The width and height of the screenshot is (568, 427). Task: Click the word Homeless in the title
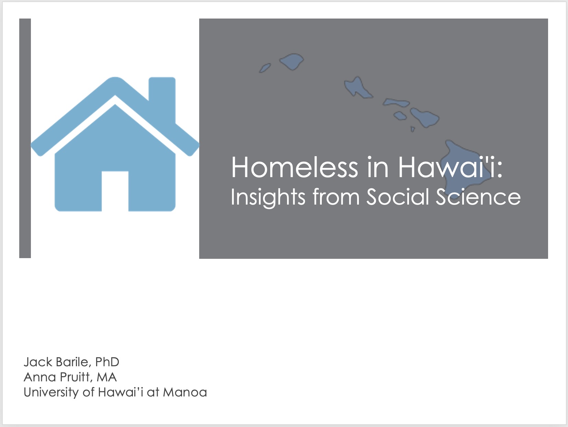295,168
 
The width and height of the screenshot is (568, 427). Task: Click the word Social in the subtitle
398,197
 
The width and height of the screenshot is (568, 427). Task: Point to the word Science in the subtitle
478,197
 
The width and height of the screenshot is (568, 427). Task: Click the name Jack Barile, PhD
71,362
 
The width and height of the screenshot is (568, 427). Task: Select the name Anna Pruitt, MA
70,377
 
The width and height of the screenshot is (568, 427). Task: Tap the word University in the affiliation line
51,392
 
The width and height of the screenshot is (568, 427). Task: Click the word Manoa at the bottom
185,392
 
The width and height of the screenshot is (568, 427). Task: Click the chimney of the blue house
162,98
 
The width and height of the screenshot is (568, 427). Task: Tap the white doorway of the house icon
115,191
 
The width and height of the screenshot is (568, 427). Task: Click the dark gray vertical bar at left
25,138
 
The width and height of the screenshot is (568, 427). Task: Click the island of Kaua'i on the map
292,61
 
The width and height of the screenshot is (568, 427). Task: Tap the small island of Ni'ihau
265,68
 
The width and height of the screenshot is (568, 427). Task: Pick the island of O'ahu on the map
357,88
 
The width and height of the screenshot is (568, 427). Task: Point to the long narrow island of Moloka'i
396,103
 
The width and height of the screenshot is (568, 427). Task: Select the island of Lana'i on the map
400,116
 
